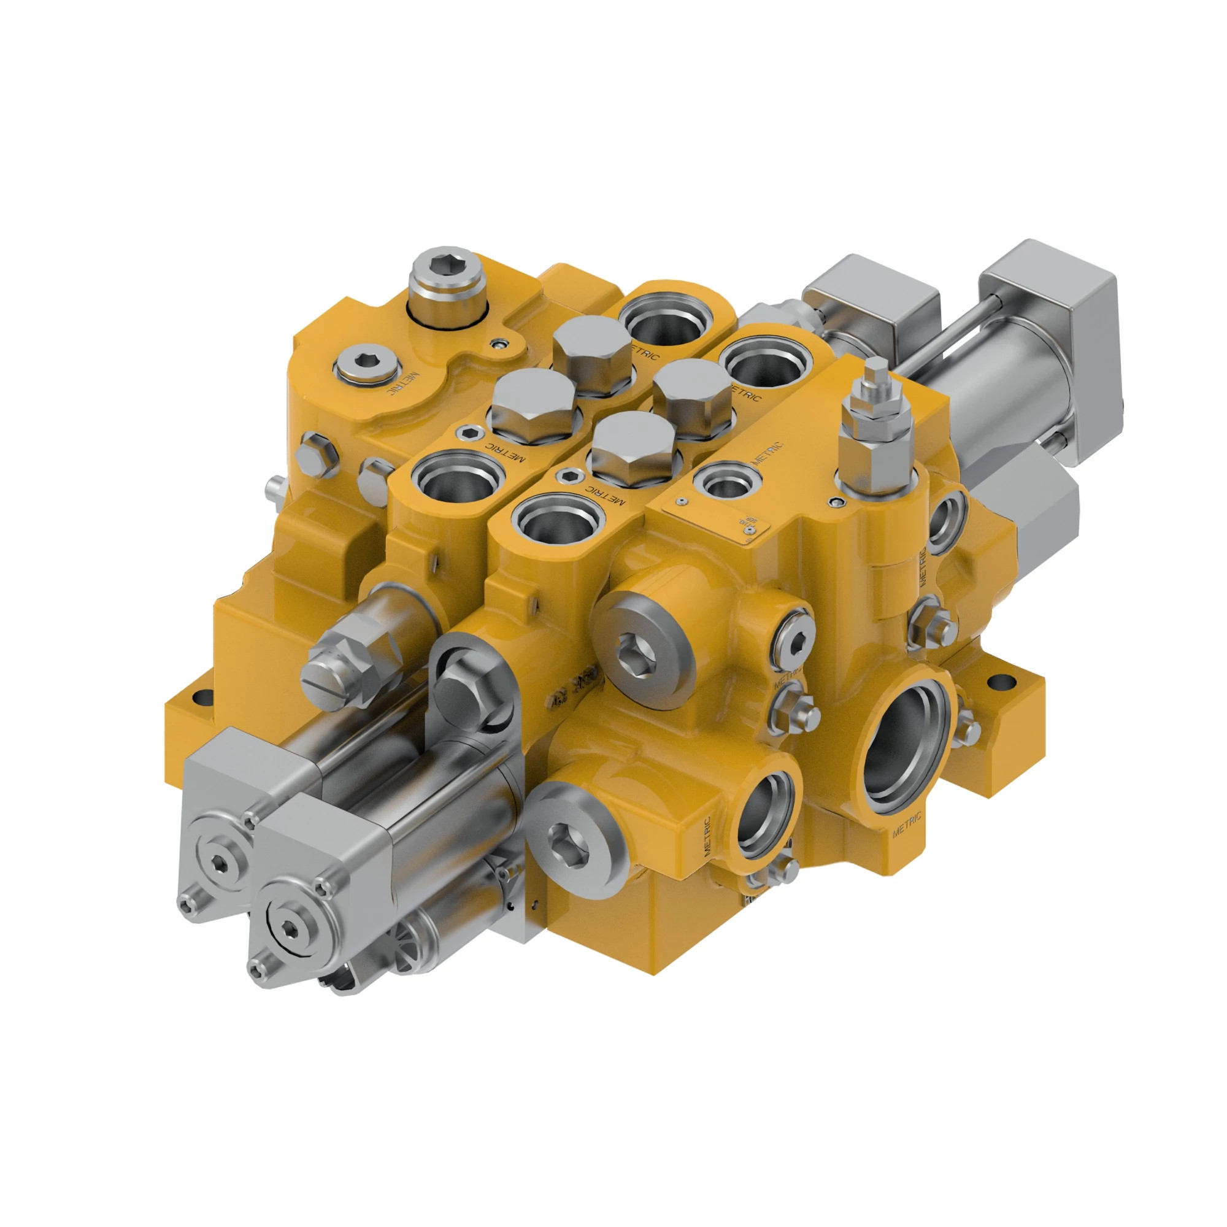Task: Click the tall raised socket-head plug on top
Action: click(447, 283)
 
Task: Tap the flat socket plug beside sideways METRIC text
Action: click(366, 367)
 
